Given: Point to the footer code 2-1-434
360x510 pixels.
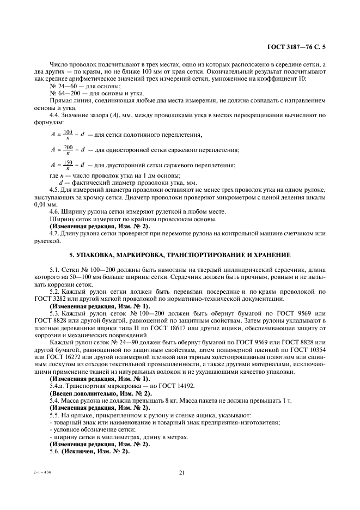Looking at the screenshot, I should coord(41,472).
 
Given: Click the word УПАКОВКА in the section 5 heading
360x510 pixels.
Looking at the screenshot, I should coord(97,254).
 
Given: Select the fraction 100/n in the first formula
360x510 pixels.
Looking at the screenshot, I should coord(68,135).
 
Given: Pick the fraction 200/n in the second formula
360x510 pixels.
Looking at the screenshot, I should coord(68,150).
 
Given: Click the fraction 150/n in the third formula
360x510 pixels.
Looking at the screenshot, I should coord(68,165).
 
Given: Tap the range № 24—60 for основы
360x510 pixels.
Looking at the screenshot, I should coord(63,87).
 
